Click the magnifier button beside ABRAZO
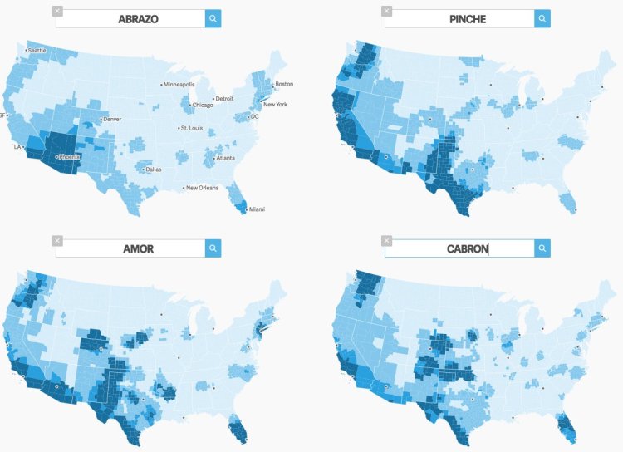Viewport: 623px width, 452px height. click(213, 18)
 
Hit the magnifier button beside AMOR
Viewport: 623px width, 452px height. click(213, 248)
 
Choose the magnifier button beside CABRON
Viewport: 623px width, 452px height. click(542, 248)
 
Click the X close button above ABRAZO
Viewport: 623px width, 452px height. click(56, 11)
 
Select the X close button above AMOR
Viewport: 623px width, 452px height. click(56, 240)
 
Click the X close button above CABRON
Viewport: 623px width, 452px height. click(386, 240)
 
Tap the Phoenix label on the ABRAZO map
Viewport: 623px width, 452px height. click(69, 156)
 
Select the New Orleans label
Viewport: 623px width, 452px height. click(202, 188)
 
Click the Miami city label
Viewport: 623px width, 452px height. click(258, 209)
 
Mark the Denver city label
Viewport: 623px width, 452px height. click(111, 120)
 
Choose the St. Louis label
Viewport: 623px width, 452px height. click(193, 128)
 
